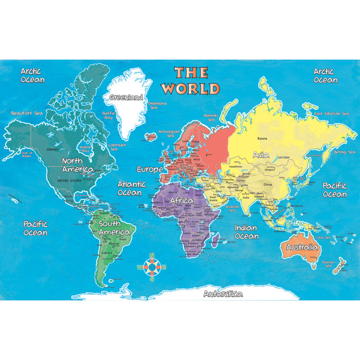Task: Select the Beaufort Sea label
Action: pyautogui.click(x=27, y=113)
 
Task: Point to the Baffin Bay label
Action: pyautogui.click(x=109, y=116)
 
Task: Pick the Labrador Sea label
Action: pyautogui.click(x=117, y=147)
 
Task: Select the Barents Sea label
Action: pyautogui.click(x=211, y=118)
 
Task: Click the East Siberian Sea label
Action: pyautogui.click(x=332, y=113)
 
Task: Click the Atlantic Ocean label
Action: pyautogui.click(x=131, y=188)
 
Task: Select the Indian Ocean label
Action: pyautogui.click(x=246, y=232)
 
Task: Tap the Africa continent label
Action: pyautogui.click(x=182, y=200)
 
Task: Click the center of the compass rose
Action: pyautogui.click(x=152, y=267)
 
